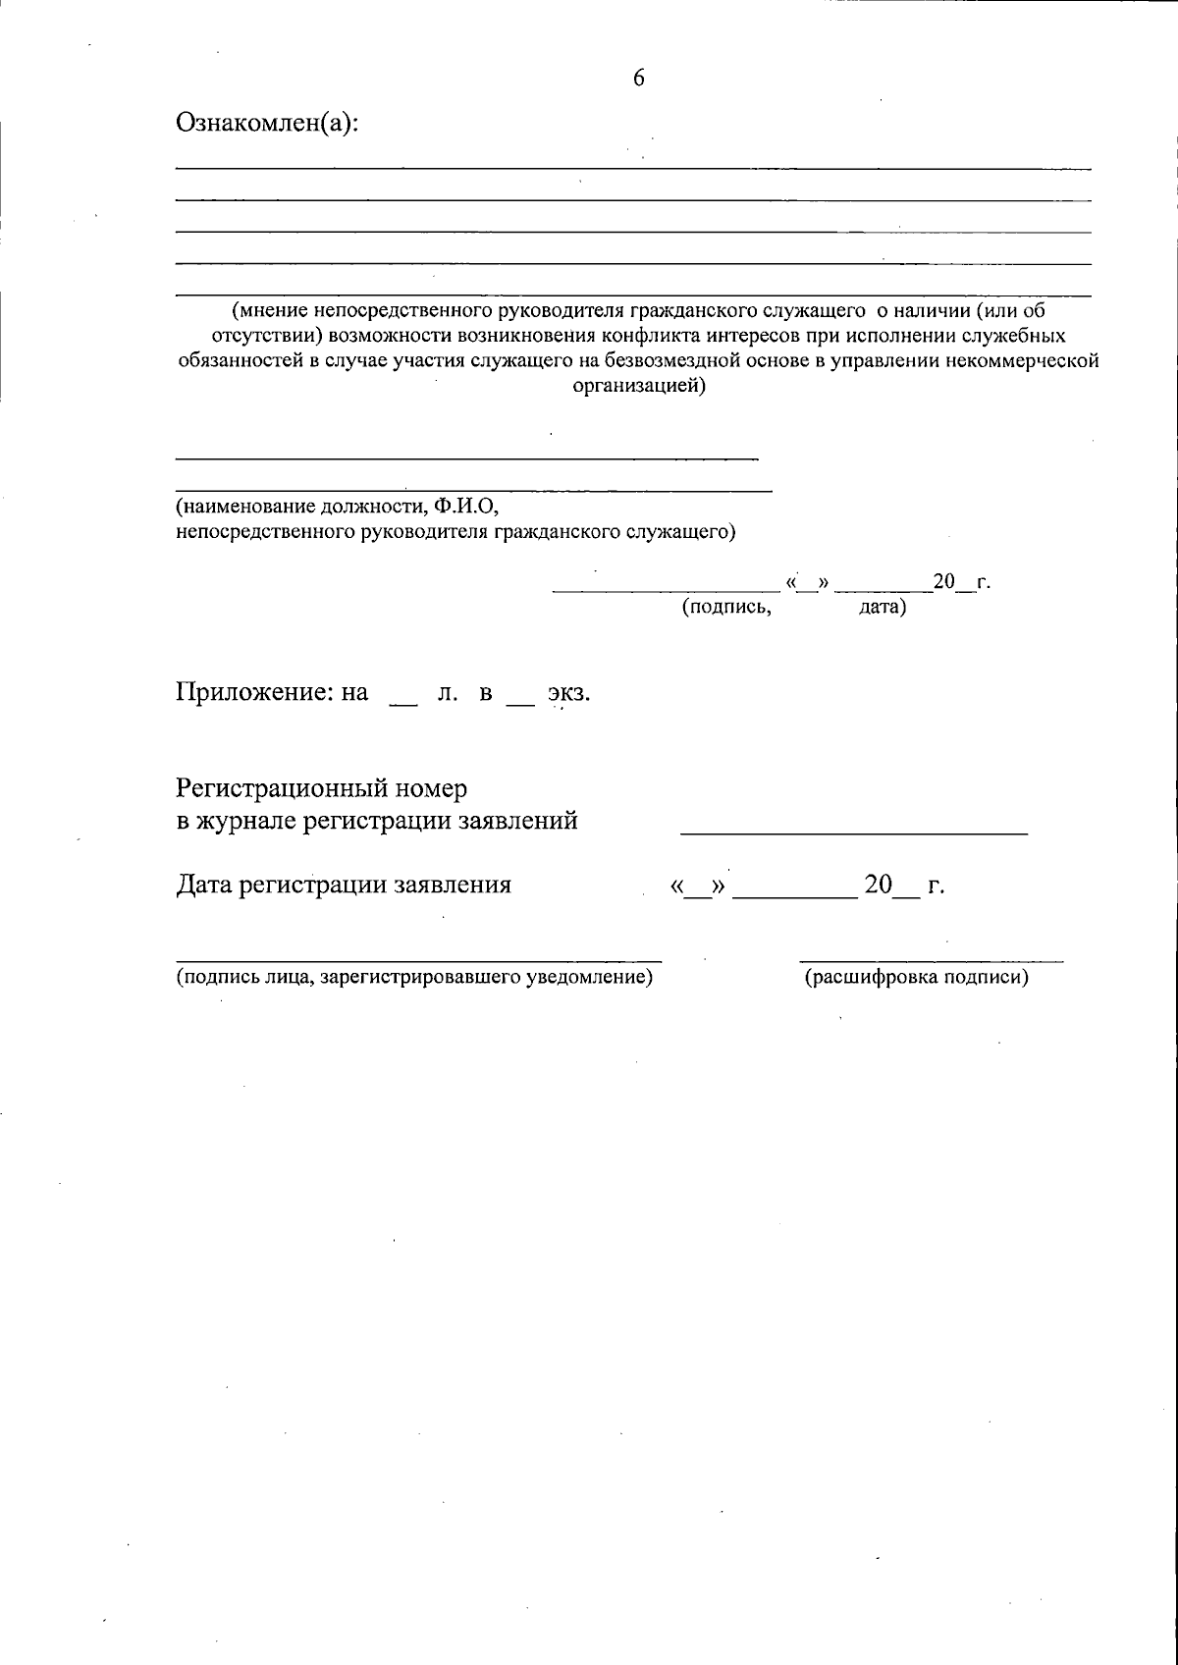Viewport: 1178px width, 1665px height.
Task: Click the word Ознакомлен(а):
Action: (267, 124)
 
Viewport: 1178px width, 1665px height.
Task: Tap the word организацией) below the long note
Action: (638, 386)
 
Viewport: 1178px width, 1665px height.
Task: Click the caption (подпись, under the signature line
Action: (727, 608)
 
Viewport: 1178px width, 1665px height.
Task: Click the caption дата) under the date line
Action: (883, 608)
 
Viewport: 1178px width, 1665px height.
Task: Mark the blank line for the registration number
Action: (854, 832)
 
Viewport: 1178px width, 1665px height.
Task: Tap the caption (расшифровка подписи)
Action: (916, 978)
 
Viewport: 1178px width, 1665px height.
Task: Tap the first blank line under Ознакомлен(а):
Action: (633, 169)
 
